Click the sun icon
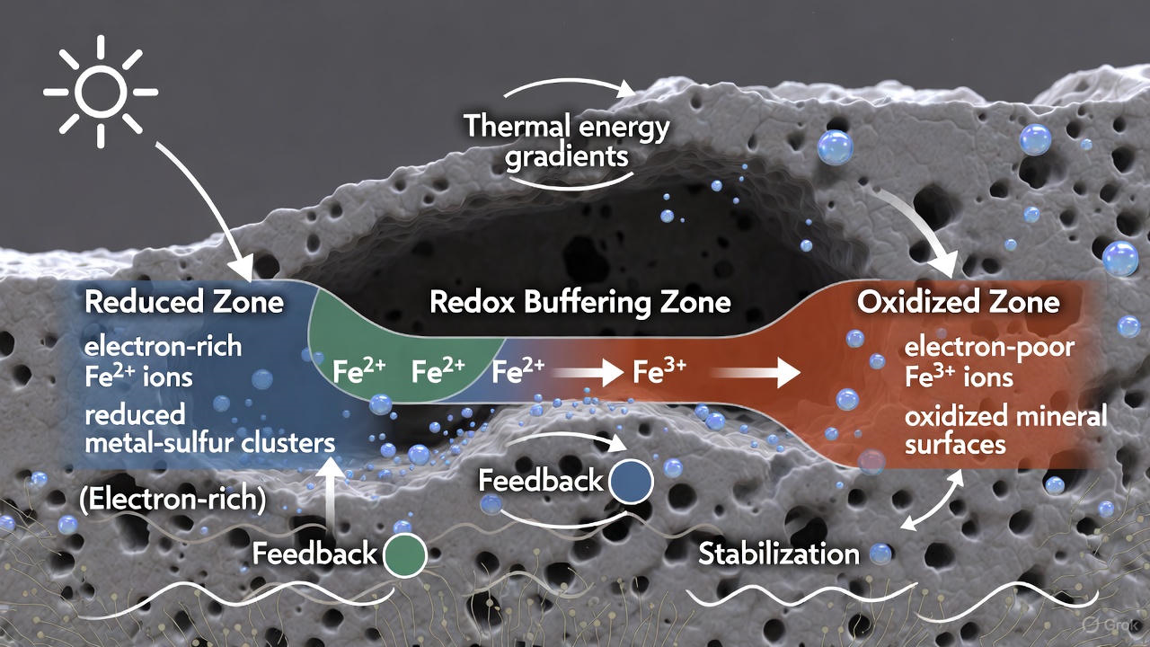100,91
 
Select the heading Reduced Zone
184,302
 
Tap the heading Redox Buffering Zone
579,302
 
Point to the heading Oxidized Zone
958,302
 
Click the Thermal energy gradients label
566,141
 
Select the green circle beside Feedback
405,554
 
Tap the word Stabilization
778,554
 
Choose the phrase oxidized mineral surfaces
1005,430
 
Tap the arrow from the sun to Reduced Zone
208,206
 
